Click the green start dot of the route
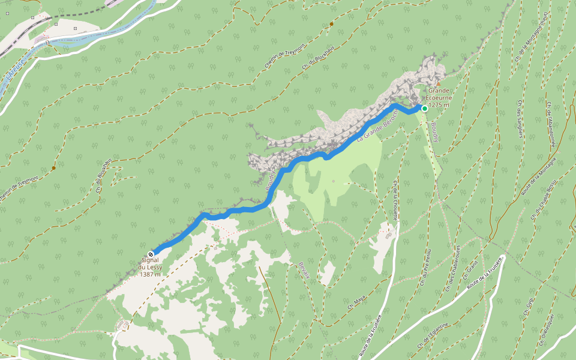click(x=425, y=109)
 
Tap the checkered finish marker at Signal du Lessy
click(x=150, y=254)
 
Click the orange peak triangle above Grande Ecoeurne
click(x=438, y=84)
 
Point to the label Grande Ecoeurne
click(x=439, y=97)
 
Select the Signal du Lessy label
click(x=150, y=267)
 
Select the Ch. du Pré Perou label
click(x=427, y=268)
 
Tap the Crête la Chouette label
click(x=395, y=199)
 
